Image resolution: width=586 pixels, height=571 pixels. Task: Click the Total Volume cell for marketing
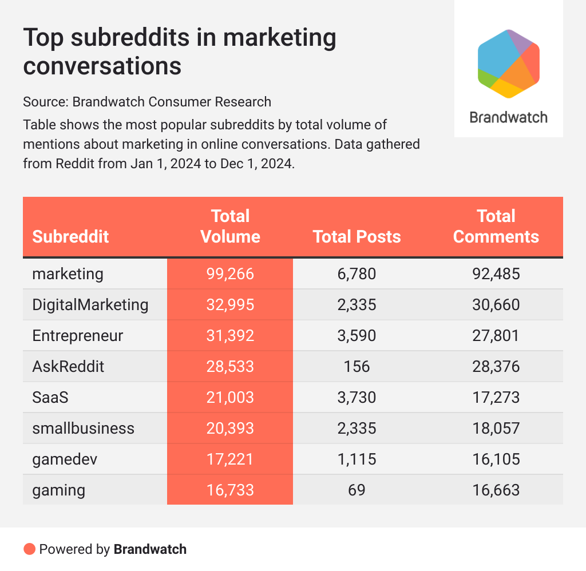[x=230, y=274]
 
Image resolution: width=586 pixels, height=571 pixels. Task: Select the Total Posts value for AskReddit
[x=358, y=366]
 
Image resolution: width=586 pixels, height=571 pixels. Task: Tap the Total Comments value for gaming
[x=496, y=490]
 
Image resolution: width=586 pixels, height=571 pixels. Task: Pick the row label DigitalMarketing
[x=90, y=304]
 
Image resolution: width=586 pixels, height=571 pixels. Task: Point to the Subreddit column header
[x=70, y=236]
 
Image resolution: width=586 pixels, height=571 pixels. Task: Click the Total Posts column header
[x=357, y=236]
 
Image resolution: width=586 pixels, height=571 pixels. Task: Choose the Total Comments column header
[x=496, y=227]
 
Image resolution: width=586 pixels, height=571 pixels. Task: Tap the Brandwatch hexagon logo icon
[x=509, y=62]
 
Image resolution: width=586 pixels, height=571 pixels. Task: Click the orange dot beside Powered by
[x=29, y=549]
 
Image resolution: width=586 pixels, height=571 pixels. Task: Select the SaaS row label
[x=50, y=397]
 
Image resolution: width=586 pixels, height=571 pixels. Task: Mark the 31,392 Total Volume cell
[x=230, y=335]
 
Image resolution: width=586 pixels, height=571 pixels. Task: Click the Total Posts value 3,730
[x=358, y=397]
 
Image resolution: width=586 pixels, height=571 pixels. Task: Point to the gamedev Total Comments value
[x=496, y=459]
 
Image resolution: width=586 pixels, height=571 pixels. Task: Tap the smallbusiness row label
[x=84, y=428]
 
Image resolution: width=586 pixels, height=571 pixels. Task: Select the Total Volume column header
[x=230, y=227]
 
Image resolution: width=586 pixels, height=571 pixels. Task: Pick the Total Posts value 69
[x=358, y=490]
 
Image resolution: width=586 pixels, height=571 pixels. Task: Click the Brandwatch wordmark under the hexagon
[x=509, y=117]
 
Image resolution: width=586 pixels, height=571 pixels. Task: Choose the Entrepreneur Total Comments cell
[x=496, y=335]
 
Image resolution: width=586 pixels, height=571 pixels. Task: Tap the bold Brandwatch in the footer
[x=150, y=549]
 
